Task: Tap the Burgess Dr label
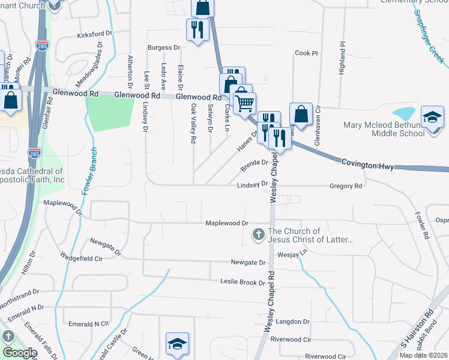[164, 47]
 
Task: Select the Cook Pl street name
[306, 53]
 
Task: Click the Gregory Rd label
[346, 186]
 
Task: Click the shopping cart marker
[244, 104]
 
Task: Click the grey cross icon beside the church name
[259, 235]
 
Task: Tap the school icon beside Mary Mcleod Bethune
[432, 118]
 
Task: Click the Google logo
[20, 352]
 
